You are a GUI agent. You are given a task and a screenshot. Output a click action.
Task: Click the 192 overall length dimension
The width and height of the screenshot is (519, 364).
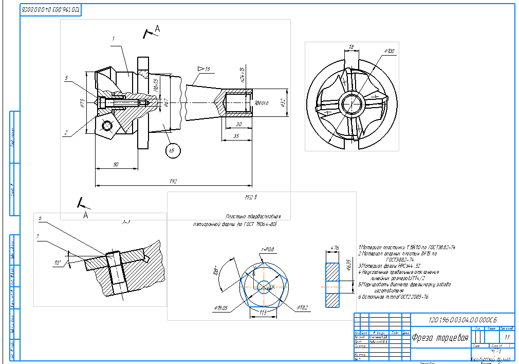pos(173,181)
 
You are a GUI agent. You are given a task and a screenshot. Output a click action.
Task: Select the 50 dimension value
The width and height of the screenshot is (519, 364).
pos(116,164)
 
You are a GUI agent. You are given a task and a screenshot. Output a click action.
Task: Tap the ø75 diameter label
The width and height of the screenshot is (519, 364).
pos(82,103)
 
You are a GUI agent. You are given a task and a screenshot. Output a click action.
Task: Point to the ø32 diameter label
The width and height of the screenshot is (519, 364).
pos(283,102)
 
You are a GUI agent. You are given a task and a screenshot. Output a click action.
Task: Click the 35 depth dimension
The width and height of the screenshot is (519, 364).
pos(236,136)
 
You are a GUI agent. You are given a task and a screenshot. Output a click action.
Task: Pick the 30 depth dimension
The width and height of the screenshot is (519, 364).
pos(238,124)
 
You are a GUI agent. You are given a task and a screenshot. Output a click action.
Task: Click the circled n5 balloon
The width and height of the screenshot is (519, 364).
pos(171,150)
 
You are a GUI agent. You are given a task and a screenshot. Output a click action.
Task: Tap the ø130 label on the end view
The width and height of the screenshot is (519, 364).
pos(389,51)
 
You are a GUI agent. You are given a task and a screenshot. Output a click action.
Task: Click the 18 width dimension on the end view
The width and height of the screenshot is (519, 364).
pos(351,47)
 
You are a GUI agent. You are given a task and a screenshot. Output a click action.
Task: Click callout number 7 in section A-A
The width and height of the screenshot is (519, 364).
pos(38,236)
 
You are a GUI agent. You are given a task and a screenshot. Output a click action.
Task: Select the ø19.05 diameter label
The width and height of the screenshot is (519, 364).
pos(221,307)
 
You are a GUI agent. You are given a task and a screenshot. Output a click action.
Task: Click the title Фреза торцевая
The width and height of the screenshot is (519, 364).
pos(439,338)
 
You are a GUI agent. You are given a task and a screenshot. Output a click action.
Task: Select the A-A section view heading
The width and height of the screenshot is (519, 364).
pos(126,222)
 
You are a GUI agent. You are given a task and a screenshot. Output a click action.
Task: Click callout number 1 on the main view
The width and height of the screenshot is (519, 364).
pos(113,39)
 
